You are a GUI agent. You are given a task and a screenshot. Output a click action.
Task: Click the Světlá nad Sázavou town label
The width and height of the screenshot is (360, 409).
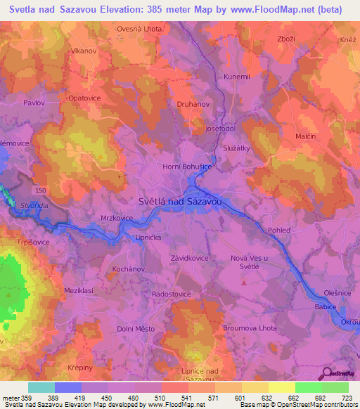182,201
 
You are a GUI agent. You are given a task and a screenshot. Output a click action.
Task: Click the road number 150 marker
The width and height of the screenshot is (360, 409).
40,191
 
